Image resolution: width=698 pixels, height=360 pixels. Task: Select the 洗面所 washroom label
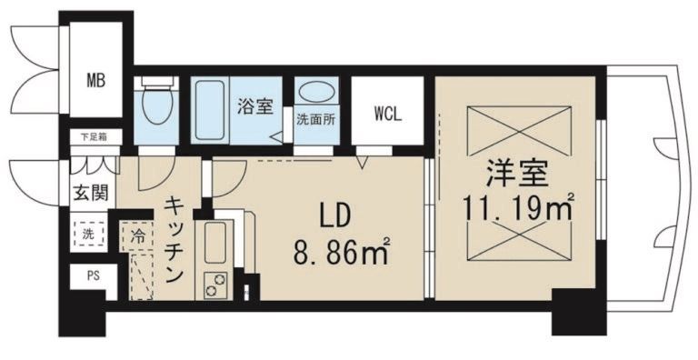[315, 118]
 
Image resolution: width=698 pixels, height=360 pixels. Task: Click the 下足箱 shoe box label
[91, 137]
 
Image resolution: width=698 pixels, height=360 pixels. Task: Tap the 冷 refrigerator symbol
[137, 234]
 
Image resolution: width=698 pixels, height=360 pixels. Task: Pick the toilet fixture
[157, 105]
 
